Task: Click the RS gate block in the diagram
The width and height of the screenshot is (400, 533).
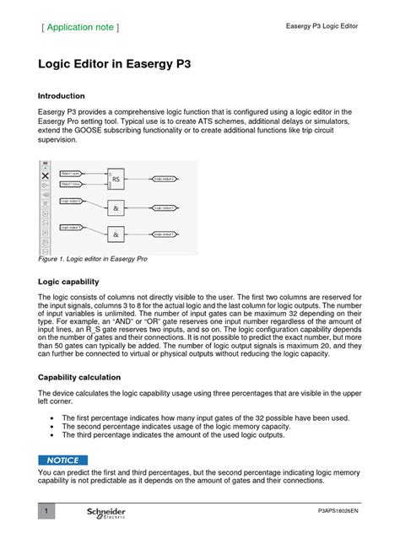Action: pos(116,179)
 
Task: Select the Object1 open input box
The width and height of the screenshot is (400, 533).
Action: pos(71,174)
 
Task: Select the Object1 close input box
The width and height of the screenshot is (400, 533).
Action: pos(71,183)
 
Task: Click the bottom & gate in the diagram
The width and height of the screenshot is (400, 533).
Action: pos(116,234)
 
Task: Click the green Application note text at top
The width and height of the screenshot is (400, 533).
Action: pos(80,27)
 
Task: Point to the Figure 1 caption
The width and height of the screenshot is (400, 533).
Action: pos(93,260)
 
